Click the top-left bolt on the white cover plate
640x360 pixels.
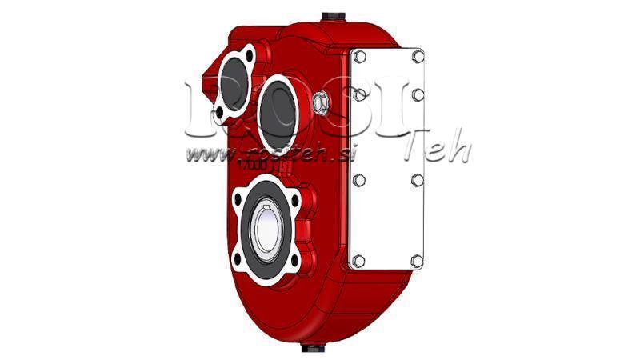359,57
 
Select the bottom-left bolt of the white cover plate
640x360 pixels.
358,260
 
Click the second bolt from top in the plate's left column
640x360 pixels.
359,95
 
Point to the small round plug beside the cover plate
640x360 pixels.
321,102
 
